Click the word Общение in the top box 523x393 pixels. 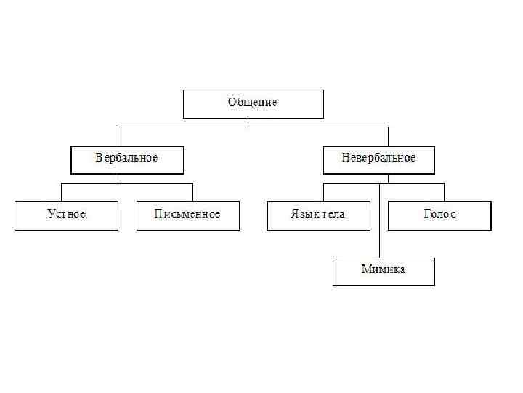coord(253,103)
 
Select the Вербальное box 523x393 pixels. coord(127,159)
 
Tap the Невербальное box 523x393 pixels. coord(378,159)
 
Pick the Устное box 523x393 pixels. coord(66,215)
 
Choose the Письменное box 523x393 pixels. coord(187,215)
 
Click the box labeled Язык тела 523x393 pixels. coord(318,215)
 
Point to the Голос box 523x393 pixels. coord(439,215)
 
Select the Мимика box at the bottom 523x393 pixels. coord(384,271)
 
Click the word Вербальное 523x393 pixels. coord(127,158)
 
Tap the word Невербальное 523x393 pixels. coord(378,158)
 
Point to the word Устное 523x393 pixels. coord(66,214)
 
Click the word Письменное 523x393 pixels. coord(187,214)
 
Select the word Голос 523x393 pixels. coord(439,214)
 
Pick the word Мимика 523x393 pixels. coord(384,269)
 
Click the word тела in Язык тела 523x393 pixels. coord(331,214)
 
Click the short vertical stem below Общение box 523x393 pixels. coord(248,122)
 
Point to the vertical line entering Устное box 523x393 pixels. coord(62,192)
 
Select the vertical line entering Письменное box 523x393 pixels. coord(192,192)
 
